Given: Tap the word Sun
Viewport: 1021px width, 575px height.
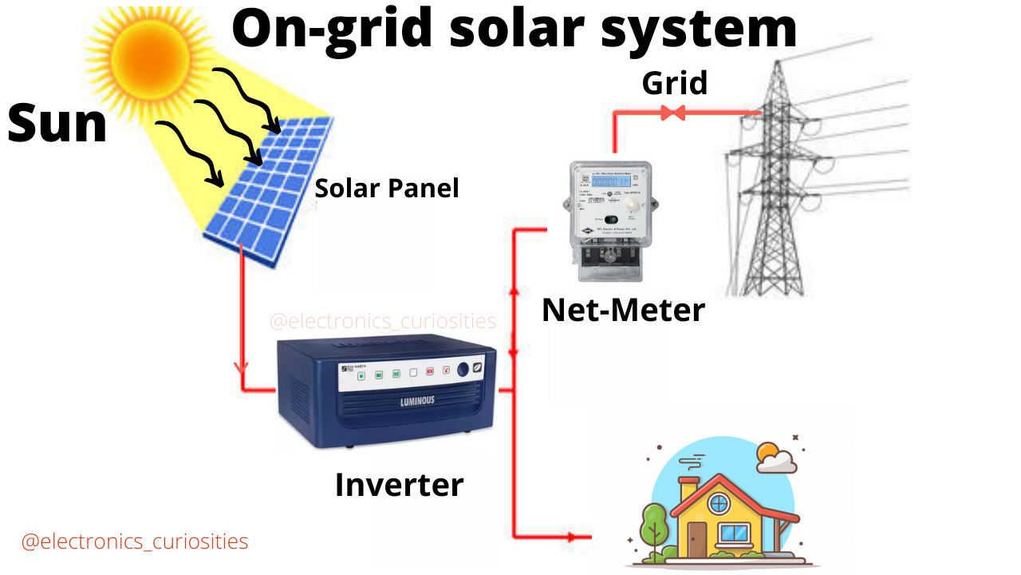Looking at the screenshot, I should (57, 125).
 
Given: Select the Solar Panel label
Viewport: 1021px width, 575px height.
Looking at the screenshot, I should (387, 188).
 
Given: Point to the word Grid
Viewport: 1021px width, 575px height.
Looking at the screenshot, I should (675, 82).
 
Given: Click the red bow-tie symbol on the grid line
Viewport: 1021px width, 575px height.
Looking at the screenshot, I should (673, 113).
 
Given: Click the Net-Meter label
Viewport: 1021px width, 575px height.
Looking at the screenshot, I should (623, 310).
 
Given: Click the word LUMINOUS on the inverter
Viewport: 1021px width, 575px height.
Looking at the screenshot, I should (417, 401).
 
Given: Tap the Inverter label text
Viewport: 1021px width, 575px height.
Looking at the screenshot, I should (399, 485).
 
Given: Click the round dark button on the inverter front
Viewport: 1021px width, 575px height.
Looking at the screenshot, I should (462, 371).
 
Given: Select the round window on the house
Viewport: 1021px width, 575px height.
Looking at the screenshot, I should (719, 503).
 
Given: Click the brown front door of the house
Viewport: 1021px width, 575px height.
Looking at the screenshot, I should (697, 538).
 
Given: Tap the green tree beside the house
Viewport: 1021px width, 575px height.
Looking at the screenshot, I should (654, 523).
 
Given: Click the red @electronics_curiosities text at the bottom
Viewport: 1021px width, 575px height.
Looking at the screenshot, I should (135, 541).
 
